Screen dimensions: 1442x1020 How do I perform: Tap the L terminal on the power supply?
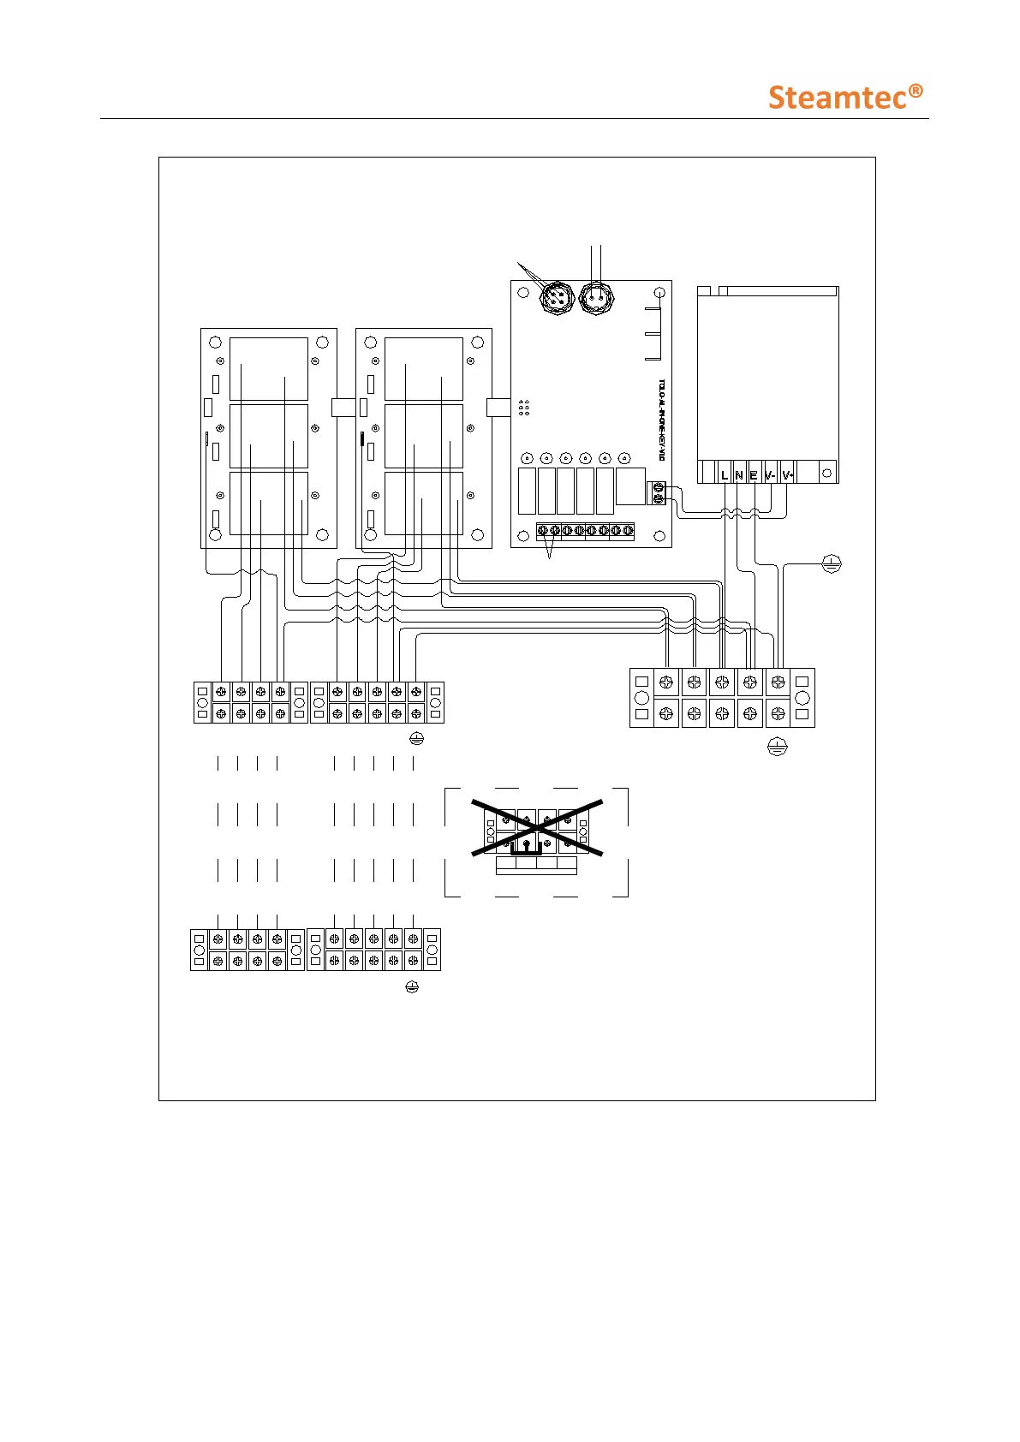[x=725, y=474]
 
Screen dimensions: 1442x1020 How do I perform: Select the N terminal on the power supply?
[x=739, y=474]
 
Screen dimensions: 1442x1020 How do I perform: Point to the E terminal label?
[x=754, y=474]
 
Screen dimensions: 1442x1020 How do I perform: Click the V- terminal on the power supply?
[x=770, y=474]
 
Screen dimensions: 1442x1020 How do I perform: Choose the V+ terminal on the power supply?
[x=788, y=474]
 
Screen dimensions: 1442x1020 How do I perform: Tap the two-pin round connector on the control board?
[x=596, y=299]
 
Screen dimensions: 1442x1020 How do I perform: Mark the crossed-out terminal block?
[x=537, y=828]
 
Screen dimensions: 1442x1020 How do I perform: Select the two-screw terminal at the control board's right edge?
[x=658, y=492]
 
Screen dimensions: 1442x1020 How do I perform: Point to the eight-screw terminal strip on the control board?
[x=585, y=531]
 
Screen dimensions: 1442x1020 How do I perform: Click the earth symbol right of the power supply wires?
[x=831, y=563]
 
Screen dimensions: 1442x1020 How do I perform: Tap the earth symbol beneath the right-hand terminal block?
[x=777, y=747]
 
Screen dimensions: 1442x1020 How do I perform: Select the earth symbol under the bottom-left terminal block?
[x=412, y=987]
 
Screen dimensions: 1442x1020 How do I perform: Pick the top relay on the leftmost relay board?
[x=268, y=369]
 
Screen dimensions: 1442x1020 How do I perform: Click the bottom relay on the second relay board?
[x=423, y=503]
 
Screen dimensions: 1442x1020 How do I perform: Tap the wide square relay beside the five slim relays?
[x=630, y=486]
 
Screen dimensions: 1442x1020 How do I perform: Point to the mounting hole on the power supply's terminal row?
[x=826, y=473]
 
